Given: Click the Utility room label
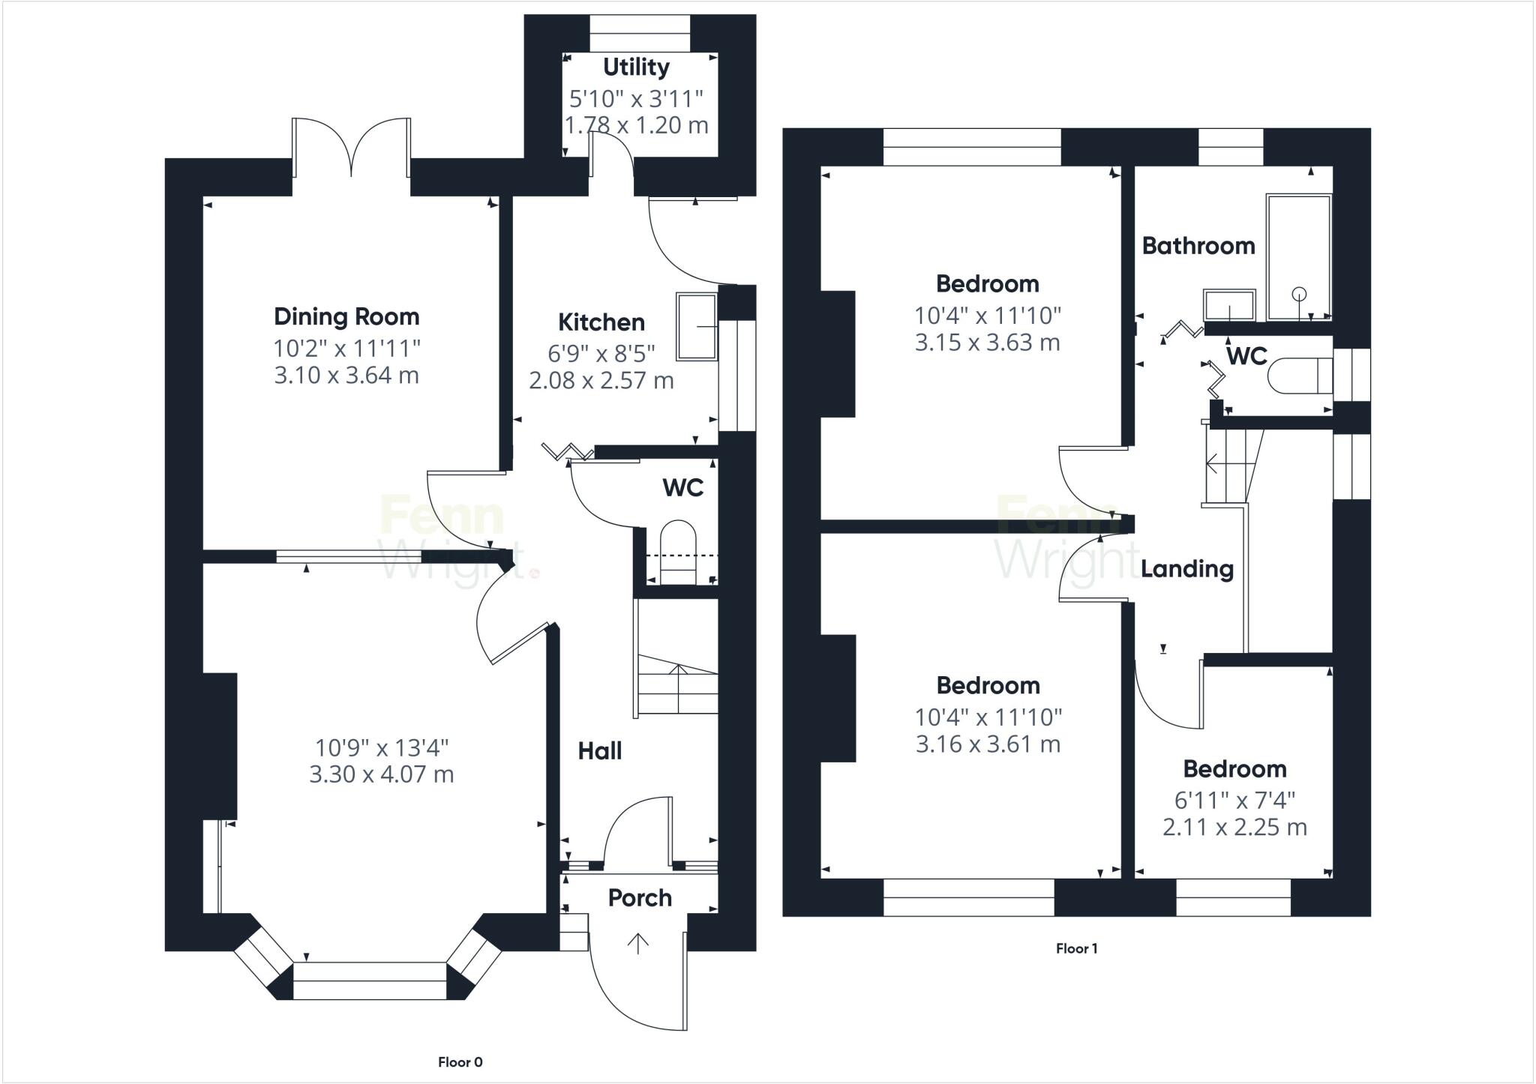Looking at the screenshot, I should coord(636,67).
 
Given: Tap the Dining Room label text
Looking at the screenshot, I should coord(346,317).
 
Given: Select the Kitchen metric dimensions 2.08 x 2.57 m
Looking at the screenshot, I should coord(601,381).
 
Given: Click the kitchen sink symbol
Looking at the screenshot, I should coord(697,327).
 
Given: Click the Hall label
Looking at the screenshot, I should coord(600,751).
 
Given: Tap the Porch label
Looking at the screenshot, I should coord(640,898).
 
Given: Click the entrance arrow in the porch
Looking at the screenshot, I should coord(638,943).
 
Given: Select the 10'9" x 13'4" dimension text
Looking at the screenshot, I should coord(382,747).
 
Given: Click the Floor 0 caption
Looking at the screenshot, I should coord(460,1062).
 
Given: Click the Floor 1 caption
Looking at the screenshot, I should coord(1076,948).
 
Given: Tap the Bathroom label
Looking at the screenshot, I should coord(1198,246).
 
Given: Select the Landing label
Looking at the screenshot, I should coord(1187,569).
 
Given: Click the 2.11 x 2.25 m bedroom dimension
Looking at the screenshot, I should coord(1234,828).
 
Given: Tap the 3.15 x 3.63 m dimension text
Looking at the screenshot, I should coord(987,343).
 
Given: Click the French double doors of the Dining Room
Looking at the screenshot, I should coord(351,150).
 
